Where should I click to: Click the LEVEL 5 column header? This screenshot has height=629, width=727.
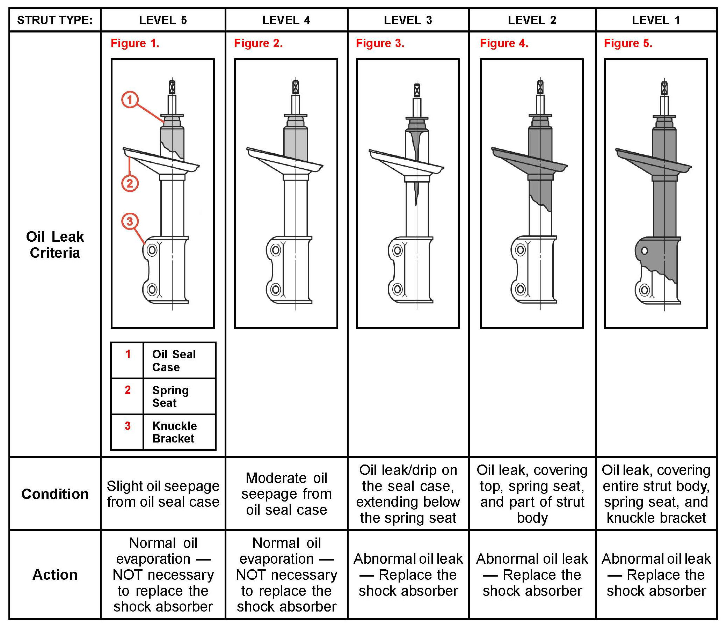click(x=163, y=20)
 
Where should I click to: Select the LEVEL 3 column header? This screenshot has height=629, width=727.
click(x=408, y=20)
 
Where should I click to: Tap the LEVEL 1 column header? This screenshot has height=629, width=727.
click(x=656, y=20)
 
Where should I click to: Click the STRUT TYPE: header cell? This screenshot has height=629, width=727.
click(x=55, y=20)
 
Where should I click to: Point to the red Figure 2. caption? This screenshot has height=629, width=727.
click(x=259, y=43)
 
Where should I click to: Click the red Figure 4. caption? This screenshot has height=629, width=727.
click(x=504, y=43)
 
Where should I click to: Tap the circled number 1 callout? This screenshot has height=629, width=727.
click(x=130, y=100)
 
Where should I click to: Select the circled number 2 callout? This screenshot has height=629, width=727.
click(x=130, y=183)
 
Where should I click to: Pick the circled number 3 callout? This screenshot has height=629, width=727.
click(x=130, y=221)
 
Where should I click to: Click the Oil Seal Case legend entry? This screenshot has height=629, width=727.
click(x=174, y=360)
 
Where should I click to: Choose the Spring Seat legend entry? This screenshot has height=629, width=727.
click(x=170, y=396)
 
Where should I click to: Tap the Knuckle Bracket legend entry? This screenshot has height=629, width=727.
click(x=174, y=432)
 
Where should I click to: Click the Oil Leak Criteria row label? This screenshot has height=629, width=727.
click(x=55, y=245)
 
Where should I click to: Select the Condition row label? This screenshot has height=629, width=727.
click(x=55, y=494)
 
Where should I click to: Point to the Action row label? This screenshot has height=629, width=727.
click(x=55, y=575)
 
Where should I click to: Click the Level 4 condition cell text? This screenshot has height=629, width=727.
click(x=286, y=494)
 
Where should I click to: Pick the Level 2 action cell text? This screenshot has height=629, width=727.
click(x=532, y=575)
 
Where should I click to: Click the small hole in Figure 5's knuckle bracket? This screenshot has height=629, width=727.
click(x=644, y=251)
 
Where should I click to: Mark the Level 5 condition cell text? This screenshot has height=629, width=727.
click(x=163, y=494)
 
